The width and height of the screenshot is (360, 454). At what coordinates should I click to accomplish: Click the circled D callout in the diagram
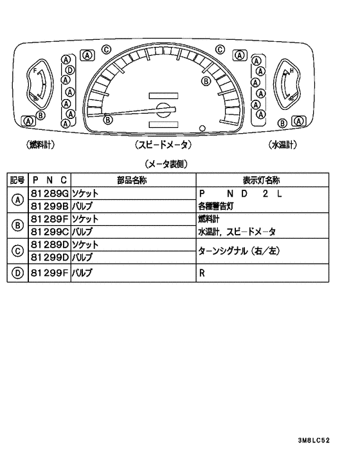coord(70,70)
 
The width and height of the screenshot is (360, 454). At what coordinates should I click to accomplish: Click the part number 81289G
coord(50,194)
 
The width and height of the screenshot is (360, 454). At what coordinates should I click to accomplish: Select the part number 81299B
coord(50,206)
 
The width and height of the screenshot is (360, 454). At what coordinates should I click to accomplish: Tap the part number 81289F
coord(50,219)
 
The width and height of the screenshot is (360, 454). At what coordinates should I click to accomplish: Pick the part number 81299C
coord(50,232)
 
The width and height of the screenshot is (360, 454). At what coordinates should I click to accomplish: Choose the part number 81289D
coord(50,244)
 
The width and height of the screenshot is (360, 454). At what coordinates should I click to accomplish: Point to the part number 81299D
coord(50,257)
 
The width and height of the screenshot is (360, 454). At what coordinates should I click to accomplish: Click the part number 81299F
coord(50,273)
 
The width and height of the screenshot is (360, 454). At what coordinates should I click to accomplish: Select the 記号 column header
coord(17,180)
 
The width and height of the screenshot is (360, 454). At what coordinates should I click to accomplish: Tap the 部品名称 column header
coord(132,181)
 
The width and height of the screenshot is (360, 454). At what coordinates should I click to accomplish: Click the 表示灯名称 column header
coord(261,181)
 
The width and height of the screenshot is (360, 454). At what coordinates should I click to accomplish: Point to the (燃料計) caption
coord(40,145)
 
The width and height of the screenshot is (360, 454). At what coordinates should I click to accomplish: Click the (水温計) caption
coord(283,145)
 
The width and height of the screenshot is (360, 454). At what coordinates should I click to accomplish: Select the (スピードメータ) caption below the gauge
coord(163,145)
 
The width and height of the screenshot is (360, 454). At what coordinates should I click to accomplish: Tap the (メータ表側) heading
coord(166,164)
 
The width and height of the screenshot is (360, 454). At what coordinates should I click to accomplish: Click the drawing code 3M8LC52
coord(314,440)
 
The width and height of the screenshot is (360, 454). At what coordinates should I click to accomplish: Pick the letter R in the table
coord(202,273)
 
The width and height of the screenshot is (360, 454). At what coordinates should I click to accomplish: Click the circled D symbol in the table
coord(17,273)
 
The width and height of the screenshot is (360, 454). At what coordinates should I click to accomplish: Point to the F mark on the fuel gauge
coord(35,70)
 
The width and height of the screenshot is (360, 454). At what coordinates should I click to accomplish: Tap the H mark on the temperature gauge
coord(292,70)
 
